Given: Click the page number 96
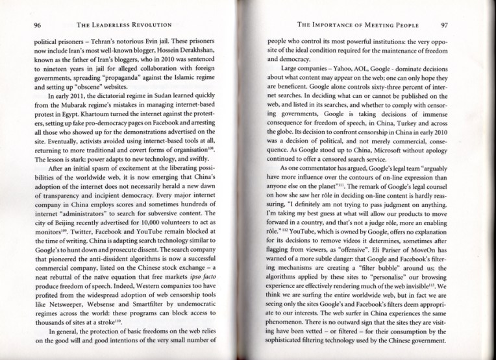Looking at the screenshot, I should pyautogui.click(x=19, y=26).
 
